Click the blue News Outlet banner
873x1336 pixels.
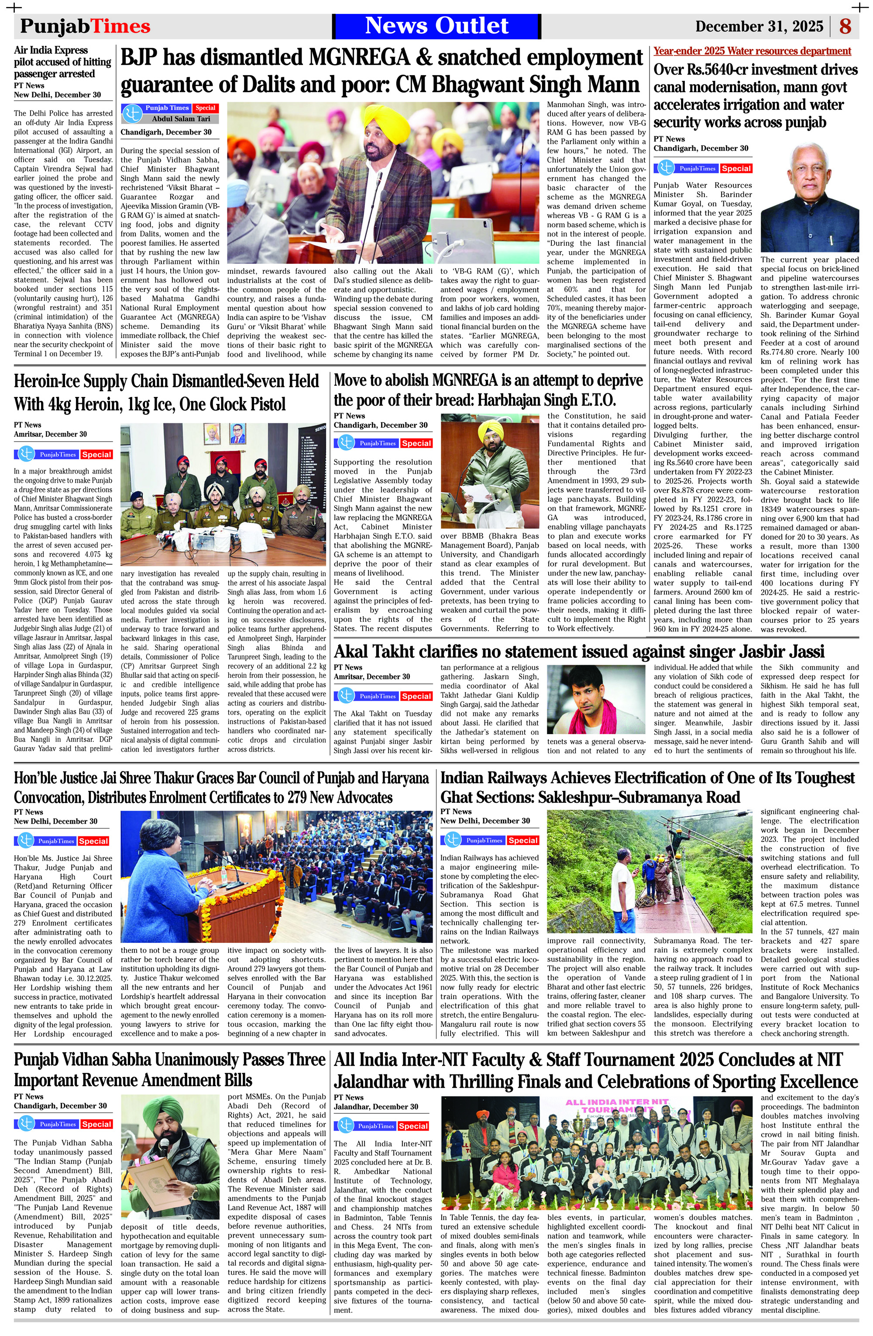436,26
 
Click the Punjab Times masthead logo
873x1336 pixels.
85,26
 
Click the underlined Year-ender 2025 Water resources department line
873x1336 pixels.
752,51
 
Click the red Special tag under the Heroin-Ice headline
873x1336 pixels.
96,454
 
